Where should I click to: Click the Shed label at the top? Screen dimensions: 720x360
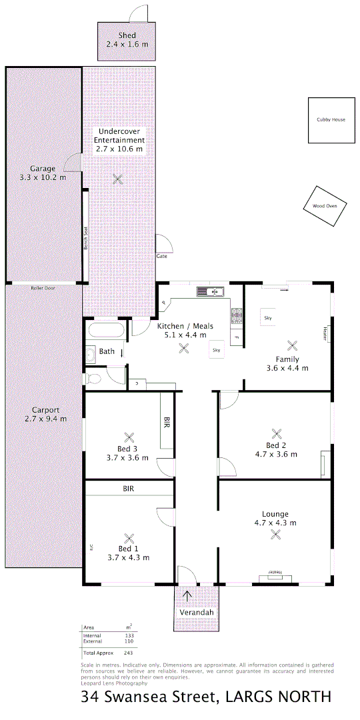(x=127, y=35)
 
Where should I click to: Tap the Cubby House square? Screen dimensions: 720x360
(x=331, y=120)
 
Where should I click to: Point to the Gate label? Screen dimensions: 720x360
(x=161, y=256)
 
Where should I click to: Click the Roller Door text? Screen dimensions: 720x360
(x=43, y=288)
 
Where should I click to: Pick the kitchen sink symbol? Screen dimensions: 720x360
(x=211, y=291)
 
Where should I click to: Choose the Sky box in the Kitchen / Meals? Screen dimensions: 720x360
(x=216, y=350)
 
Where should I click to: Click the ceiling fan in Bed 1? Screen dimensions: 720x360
(x=130, y=538)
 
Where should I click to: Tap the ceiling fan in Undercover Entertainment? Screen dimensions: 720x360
(x=118, y=179)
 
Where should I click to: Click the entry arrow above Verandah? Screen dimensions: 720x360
(x=187, y=595)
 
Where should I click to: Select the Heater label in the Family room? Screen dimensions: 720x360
(x=325, y=332)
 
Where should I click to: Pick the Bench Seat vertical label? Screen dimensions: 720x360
(x=86, y=237)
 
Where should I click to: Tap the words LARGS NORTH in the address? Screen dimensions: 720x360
(x=279, y=698)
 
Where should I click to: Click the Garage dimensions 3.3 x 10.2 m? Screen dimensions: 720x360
(x=44, y=177)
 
